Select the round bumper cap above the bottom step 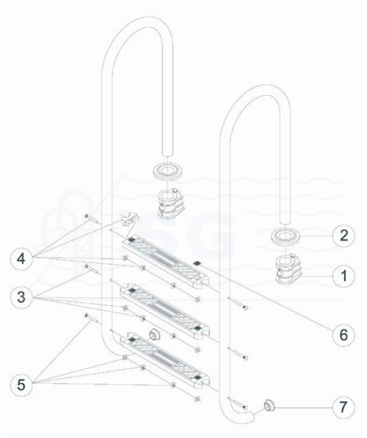click(x=154, y=333)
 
